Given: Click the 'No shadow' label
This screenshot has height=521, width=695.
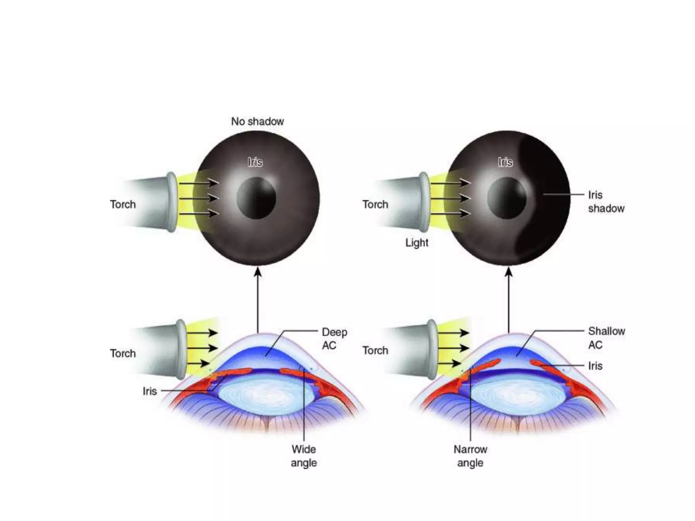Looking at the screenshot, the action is pos(257,121).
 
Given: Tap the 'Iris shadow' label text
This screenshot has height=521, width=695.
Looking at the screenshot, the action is pos(606,201).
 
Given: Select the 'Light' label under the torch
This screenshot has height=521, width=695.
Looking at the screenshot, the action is pos(417,243).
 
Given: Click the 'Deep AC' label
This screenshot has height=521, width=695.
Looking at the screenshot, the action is pos(334,338).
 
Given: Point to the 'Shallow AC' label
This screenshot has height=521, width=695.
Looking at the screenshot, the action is pos(606,337).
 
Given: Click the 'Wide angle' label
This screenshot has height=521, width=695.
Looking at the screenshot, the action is pos(304,456).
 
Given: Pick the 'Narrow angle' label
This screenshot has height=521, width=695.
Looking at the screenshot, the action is pos(470,456).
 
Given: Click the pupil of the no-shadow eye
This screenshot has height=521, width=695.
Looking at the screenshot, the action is pos(257,198).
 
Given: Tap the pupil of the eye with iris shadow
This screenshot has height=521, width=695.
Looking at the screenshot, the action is pos(507,198).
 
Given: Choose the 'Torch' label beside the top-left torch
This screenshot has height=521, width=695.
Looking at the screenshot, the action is pos(123,204).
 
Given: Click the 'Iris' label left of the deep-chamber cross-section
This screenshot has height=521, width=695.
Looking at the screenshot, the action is pos(150,391).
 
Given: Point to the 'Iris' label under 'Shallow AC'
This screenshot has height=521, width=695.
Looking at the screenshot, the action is pos(595,366).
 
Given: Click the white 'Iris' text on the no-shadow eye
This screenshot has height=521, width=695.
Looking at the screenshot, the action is pos(255,162).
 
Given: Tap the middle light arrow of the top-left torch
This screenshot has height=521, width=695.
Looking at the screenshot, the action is pos(199,198).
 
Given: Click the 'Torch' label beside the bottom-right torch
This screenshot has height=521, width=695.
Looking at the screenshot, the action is pos(375,350).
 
